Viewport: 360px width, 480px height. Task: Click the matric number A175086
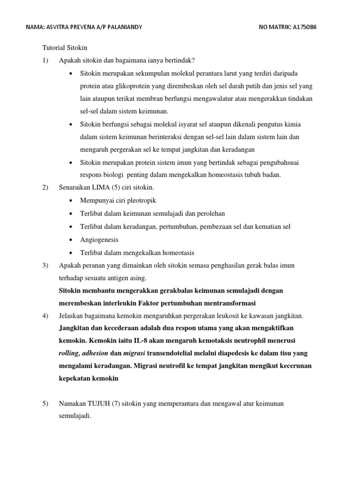click(301, 27)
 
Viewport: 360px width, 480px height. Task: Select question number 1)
click(45, 60)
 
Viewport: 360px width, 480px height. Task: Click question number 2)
click(45, 187)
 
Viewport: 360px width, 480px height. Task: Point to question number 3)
click(45, 265)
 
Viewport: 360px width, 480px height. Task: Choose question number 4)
click(45, 315)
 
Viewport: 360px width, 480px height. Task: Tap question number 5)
click(45, 403)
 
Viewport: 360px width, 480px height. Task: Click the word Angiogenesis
click(99, 240)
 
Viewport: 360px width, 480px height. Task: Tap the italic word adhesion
click(95, 353)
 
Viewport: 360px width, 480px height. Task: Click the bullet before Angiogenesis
click(70, 240)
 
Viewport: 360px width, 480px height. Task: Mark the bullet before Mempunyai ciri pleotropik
click(70, 201)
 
